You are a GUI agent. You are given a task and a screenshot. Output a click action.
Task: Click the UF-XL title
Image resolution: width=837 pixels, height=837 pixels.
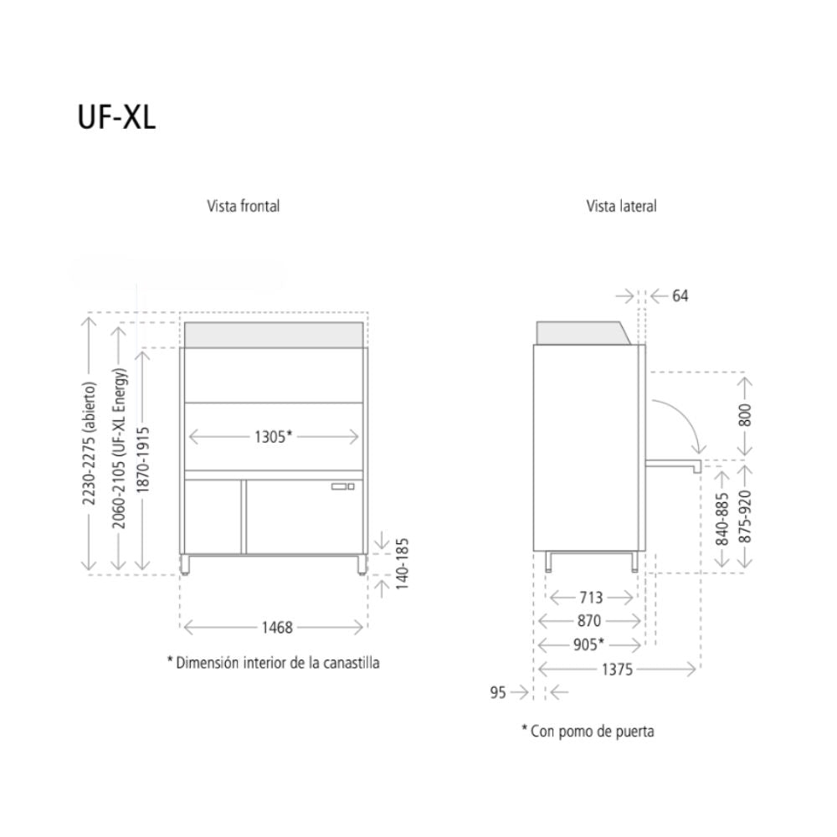coord(116,117)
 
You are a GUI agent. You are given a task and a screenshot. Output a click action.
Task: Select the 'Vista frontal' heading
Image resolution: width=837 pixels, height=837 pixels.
coord(243,206)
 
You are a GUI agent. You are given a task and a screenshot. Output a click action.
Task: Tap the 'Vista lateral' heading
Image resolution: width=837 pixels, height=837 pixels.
coord(621,206)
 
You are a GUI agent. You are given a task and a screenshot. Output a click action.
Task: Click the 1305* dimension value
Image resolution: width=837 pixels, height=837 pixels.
coord(273,436)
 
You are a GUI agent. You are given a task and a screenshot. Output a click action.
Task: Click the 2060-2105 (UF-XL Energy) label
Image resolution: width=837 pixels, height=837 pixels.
coord(120,444)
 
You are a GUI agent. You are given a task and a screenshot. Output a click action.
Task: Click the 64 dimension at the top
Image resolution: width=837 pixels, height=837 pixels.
coord(680,295)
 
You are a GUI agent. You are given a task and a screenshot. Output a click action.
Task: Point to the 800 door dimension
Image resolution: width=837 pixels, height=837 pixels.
coord(745,415)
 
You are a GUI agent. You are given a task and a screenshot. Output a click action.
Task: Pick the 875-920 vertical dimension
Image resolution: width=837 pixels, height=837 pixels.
coord(745,516)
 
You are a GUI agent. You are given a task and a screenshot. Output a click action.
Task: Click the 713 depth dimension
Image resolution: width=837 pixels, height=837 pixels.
coord(590,598)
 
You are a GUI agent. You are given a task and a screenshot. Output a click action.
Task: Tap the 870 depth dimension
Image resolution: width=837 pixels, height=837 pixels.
coord(588,621)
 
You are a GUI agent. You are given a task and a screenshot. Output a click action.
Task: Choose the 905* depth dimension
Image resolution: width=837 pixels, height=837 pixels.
coord(590,644)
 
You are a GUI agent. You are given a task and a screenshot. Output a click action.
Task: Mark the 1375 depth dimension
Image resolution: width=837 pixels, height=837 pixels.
coord(616,669)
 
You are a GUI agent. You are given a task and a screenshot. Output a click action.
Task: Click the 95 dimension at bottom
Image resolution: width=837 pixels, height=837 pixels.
coord(498,692)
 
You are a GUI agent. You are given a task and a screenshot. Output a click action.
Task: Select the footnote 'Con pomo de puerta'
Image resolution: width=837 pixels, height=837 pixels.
coord(588,731)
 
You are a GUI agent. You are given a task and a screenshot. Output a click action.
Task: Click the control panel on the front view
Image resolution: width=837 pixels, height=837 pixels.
coord(342,485)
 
